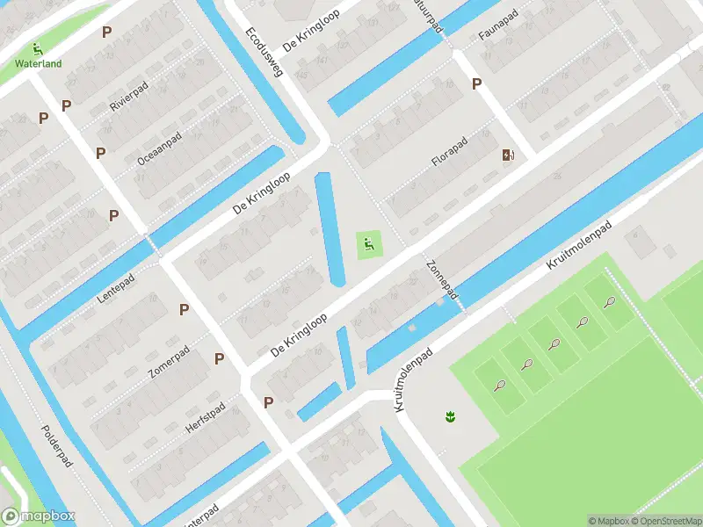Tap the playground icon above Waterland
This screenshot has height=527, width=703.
pos(37,49)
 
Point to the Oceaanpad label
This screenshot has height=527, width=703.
pos(159,148)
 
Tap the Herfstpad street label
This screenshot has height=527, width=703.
pos(207,416)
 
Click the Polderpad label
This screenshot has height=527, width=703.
pos(56,447)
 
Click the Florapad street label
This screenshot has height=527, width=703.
pos(449,150)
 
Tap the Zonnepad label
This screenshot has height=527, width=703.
pos(442,279)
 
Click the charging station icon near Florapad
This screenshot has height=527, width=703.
pos(508,155)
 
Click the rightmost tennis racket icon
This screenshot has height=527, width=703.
pos(609,302)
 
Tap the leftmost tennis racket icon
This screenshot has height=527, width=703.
pos(499,385)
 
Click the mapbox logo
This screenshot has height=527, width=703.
pos(39,516)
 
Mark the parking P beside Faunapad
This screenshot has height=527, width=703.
pos(477,83)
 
